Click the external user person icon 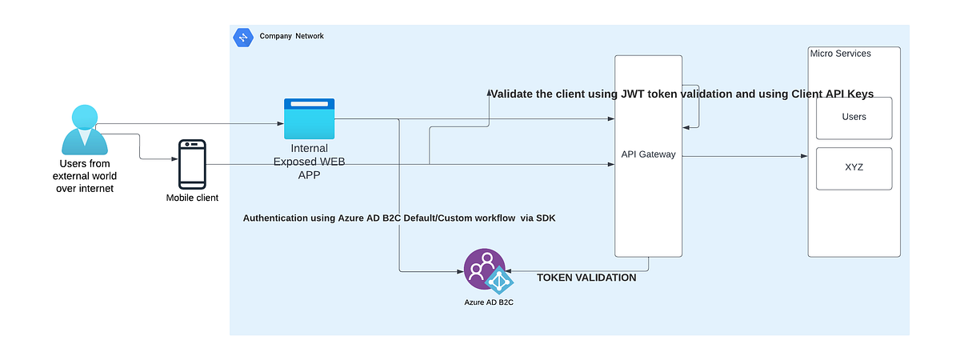84,130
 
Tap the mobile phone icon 192,164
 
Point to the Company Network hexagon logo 242,37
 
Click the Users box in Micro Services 854,117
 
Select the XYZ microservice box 854,168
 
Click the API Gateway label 648,154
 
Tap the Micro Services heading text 840,54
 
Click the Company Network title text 291,36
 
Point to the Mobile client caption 192,198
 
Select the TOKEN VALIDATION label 586,278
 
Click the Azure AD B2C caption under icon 488,302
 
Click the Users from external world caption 84,176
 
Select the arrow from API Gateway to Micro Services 744,157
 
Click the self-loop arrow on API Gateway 698,106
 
